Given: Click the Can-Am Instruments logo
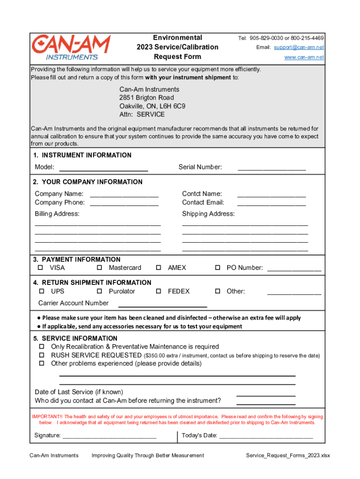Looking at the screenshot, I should [71, 47].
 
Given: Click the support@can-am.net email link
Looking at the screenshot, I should [299, 48].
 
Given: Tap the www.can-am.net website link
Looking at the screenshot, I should [304, 58].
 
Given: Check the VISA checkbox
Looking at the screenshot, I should [40, 268].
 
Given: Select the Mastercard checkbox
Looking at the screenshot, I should [100, 268].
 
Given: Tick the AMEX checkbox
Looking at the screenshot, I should [158, 268].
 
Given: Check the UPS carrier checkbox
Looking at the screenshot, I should [40, 291].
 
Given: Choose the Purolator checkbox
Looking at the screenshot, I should [100, 291].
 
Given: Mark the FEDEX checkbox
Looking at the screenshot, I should [158, 291].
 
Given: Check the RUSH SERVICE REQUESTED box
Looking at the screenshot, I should [41, 355].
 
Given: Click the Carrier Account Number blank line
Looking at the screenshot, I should [162, 305].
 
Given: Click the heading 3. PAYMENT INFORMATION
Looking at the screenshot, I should [77, 260].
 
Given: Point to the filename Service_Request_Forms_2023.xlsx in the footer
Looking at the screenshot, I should [288, 456].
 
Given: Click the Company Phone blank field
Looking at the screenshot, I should [124, 204].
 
